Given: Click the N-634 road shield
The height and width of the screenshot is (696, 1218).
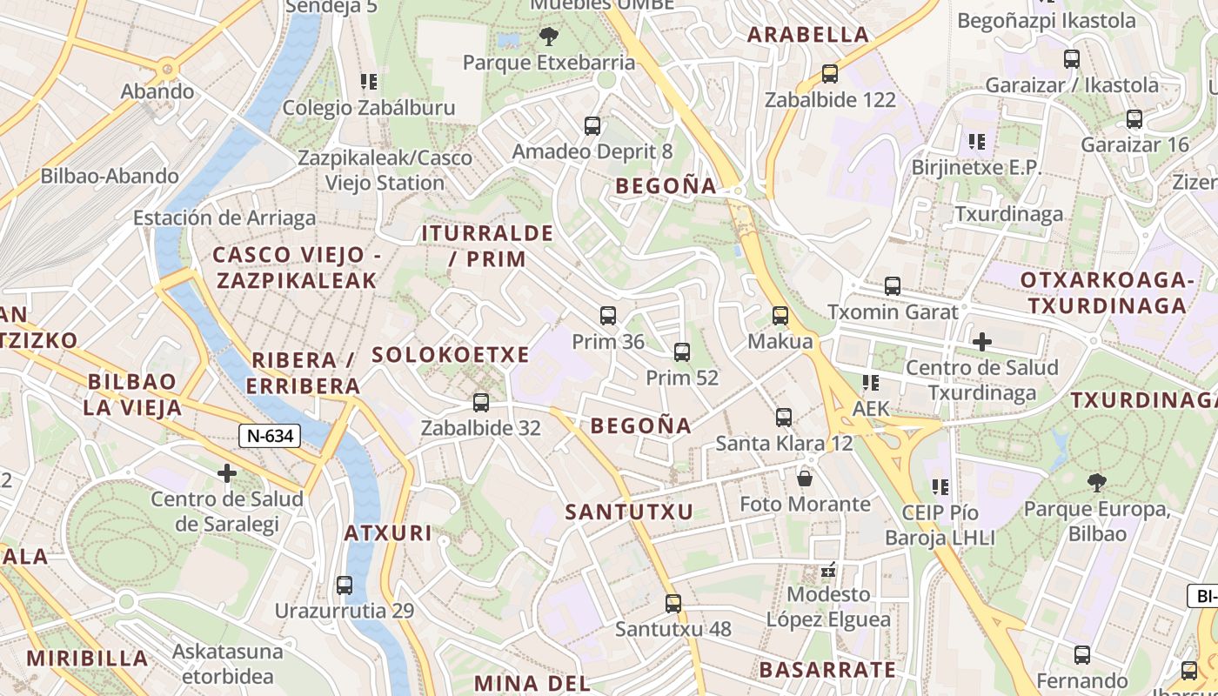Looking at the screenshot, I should (x=270, y=436).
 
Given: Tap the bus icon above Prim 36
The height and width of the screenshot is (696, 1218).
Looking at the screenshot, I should (x=608, y=316).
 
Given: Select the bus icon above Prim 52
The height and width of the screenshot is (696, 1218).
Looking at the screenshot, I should (x=682, y=352).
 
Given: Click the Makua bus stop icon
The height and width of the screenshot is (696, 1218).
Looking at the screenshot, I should (x=780, y=316).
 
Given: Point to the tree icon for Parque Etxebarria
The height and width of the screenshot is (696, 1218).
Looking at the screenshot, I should (x=548, y=37).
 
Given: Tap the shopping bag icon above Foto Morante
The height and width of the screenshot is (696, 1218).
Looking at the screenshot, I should (x=805, y=478).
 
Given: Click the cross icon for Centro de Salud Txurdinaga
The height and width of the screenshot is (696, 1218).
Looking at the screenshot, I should (x=982, y=342).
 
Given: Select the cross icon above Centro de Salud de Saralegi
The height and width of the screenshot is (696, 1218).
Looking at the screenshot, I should (x=227, y=473).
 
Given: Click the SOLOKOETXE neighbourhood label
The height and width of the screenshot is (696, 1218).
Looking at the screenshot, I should (x=451, y=355).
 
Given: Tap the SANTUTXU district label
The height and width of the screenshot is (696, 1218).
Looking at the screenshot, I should (x=629, y=512).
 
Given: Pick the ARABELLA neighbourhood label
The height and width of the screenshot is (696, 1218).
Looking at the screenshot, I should (x=808, y=35).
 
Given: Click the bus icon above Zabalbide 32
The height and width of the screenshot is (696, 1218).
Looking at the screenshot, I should (x=480, y=403).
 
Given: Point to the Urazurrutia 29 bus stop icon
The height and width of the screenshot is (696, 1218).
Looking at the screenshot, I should (x=345, y=586).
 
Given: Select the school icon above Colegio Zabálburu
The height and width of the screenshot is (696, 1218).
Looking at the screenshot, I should (x=369, y=82).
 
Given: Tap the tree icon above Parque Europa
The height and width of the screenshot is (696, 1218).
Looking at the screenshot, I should (x=1097, y=482).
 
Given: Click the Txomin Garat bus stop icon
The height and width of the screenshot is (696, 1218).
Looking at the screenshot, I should (x=893, y=286).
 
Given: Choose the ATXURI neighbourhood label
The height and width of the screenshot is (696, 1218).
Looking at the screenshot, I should (x=388, y=532).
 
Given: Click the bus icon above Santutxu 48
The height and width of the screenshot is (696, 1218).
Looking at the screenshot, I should (x=673, y=603).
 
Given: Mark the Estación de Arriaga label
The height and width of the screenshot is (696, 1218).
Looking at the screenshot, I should (x=224, y=217).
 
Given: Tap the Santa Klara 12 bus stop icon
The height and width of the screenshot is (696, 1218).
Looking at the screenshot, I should (x=784, y=418).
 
